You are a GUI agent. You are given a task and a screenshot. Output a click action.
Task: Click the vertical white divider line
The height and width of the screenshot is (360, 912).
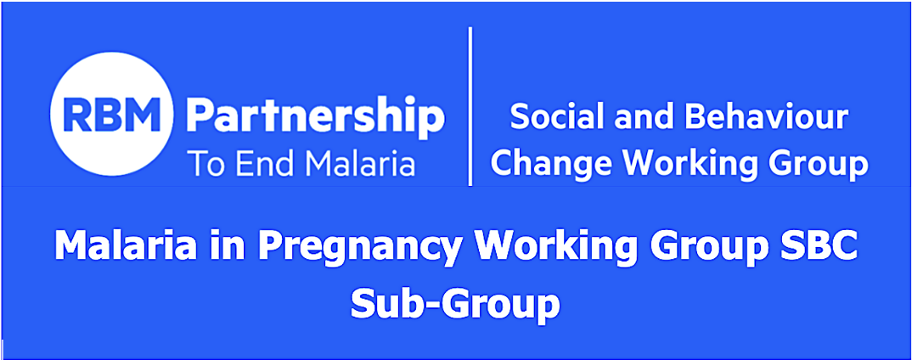470,106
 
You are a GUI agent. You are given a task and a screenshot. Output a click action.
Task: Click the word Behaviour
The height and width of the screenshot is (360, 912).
766,117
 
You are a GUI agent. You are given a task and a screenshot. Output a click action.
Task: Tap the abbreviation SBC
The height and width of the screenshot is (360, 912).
817,245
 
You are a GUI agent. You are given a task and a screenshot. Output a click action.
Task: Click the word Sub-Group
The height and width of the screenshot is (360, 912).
455,302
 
